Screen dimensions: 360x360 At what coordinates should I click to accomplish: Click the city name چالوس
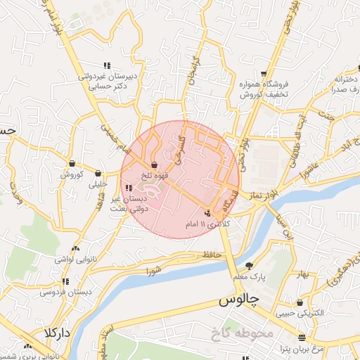239,300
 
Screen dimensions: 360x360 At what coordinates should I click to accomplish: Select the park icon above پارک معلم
249,266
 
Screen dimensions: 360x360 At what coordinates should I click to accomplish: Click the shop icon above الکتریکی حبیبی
301,303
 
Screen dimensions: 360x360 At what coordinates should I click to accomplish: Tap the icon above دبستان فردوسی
65,281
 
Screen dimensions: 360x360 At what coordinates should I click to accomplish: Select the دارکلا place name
57,332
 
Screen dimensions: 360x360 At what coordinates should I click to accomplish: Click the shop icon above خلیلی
98,173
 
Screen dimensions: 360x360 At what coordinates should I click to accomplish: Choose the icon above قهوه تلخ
155,165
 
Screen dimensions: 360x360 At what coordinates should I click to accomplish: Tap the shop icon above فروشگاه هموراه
264,73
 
